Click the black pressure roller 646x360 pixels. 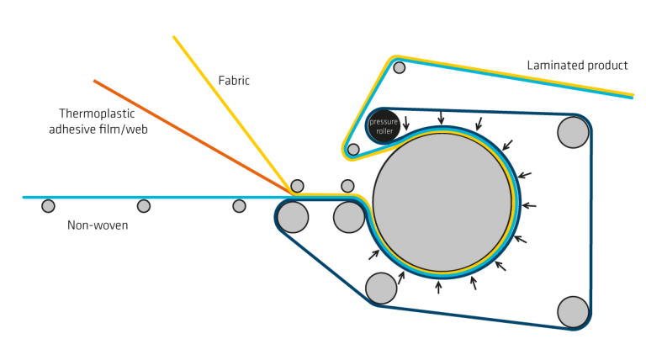pyautogui.click(x=384, y=126)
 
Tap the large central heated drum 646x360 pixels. pyautogui.click(x=442, y=202)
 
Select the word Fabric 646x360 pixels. pyautogui.click(x=234, y=80)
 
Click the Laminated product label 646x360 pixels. pyautogui.click(x=577, y=66)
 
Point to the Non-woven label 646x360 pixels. pyautogui.click(x=98, y=225)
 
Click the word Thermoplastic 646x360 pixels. pyautogui.click(x=97, y=114)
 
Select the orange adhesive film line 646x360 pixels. pyautogui.click(x=193, y=136)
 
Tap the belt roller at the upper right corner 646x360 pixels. pyautogui.click(x=573, y=132)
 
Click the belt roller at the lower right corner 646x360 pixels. pyautogui.click(x=573, y=312)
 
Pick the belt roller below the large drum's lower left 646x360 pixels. pyautogui.click(x=381, y=289)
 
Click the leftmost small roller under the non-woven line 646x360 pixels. pyautogui.click(x=48, y=206)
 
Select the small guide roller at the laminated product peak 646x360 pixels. pyautogui.click(x=399, y=67)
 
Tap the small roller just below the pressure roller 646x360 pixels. pyautogui.click(x=353, y=150)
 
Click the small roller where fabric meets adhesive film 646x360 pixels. pyautogui.click(x=297, y=186)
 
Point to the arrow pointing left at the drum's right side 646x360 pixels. pyautogui.click(x=529, y=205)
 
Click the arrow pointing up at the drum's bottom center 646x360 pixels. pyautogui.click(x=439, y=287)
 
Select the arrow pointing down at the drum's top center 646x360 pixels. pyautogui.click(x=442, y=118)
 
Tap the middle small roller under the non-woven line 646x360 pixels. pyautogui.click(x=143, y=206)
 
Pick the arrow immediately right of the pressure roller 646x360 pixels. pyautogui.click(x=405, y=123)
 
